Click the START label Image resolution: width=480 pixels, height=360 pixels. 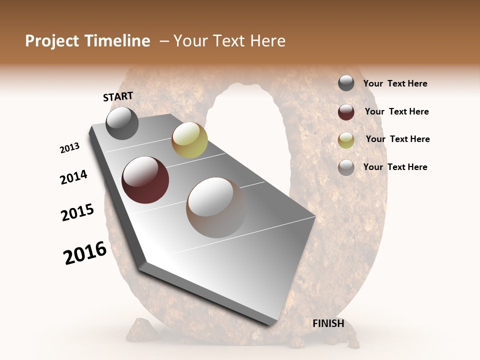point(118,96)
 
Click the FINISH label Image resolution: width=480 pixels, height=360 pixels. point(328,323)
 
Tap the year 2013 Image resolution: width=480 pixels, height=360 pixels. point(70,148)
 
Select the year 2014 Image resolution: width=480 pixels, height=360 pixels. point(74,177)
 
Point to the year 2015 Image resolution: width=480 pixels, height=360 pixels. point(77,212)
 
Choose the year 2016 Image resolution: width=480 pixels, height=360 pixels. point(85,253)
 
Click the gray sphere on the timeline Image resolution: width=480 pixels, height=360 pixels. point(122,123)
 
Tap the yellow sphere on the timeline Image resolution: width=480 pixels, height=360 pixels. point(189,140)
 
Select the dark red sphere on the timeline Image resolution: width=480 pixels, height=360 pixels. point(145,179)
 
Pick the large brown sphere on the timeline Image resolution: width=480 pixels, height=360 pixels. point(216,207)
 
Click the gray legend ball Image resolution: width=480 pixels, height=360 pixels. point(346,83)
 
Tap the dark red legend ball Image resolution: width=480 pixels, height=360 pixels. point(346,112)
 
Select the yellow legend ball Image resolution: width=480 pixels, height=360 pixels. point(346,140)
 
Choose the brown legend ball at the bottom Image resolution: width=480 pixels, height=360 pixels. point(346,167)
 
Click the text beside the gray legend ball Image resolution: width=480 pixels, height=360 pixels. point(395,84)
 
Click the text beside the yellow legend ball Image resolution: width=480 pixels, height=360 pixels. point(397,139)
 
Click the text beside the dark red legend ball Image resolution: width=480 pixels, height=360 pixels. point(396,111)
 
